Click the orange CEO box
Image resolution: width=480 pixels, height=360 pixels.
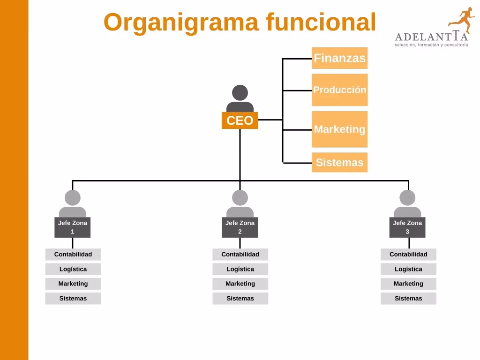click(x=240, y=120)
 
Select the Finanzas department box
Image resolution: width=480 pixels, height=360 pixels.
click(x=339, y=58)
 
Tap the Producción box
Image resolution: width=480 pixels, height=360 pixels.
click(x=339, y=90)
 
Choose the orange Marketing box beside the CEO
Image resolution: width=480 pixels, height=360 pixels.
click(x=339, y=129)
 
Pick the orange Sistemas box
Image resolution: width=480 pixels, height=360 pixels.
click(x=339, y=163)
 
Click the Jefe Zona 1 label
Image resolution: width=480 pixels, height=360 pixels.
click(x=73, y=227)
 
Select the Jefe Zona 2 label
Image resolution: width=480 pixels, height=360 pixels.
click(x=240, y=227)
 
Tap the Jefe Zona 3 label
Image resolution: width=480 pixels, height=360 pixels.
click(x=407, y=227)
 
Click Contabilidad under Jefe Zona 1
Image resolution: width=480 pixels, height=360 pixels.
click(x=73, y=255)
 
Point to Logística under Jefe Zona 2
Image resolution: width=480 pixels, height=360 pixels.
click(x=240, y=269)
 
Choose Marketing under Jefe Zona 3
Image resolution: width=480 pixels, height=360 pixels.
click(x=408, y=284)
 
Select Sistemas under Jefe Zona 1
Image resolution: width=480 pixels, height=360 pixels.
click(x=73, y=298)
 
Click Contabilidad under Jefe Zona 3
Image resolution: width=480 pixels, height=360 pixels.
click(x=408, y=255)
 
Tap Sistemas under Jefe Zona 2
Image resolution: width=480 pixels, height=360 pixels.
click(x=240, y=298)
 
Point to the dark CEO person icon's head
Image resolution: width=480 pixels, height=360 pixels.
click(x=240, y=92)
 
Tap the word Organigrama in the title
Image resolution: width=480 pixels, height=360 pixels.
click(x=181, y=22)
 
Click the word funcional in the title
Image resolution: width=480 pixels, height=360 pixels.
click(x=321, y=22)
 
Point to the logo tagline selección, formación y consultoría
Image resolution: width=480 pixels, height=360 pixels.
click(x=431, y=45)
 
